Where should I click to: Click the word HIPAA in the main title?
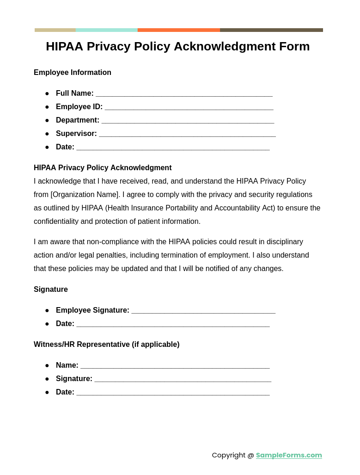[x=64, y=46]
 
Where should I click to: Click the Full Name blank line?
[x=184, y=94]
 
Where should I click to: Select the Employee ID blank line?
[x=189, y=108]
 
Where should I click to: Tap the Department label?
[x=78, y=120]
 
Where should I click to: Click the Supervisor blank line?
[x=187, y=135]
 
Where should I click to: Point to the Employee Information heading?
[x=73, y=73]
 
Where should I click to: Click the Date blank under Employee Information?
[x=173, y=148]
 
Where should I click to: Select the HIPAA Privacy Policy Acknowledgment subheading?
[x=103, y=168]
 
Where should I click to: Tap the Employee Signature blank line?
[x=203, y=311]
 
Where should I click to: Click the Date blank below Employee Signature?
[x=173, y=325]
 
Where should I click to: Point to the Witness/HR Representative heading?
[x=106, y=345]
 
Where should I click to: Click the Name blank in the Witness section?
[x=175, y=366]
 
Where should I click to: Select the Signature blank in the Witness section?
[x=183, y=380]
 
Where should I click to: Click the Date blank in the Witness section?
[x=173, y=393]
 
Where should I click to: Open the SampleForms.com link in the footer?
[x=289, y=455]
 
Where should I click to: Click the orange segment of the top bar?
[x=178, y=30]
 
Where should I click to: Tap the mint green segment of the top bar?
[x=106, y=30]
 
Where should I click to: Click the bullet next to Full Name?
[x=47, y=93]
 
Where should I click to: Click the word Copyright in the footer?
[x=228, y=455]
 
